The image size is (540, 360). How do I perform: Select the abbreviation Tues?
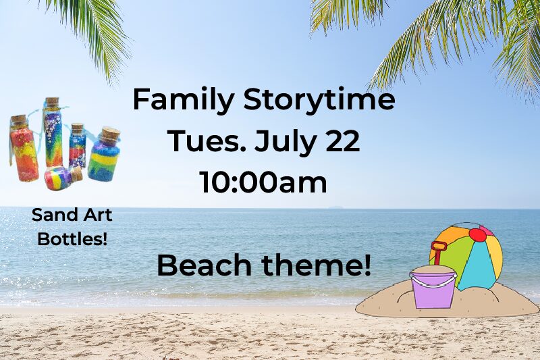point(209,140)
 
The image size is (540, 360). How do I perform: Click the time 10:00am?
point(263,182)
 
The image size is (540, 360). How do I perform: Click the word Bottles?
point(72,238)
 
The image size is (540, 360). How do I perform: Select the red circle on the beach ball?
point(478,235)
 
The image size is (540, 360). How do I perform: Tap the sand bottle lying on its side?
point(63,177)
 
